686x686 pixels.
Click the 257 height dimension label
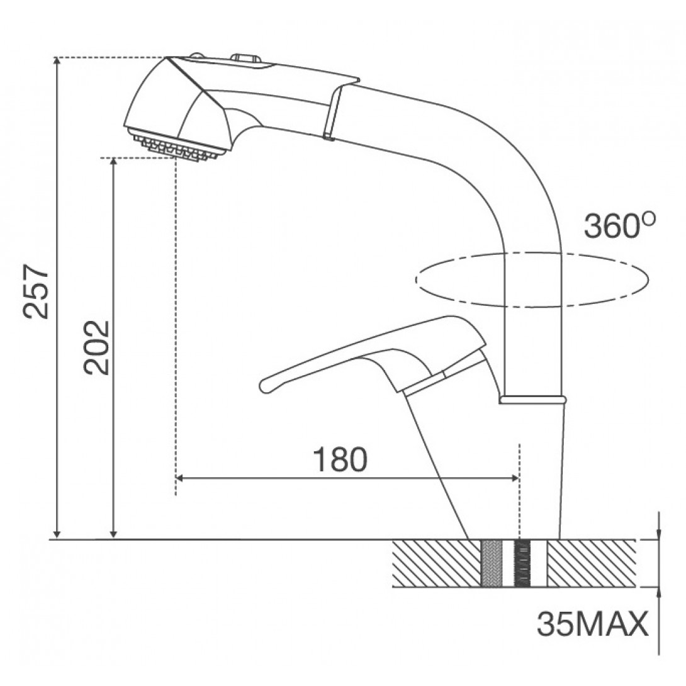pos(36,291)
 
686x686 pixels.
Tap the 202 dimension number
pos(96,348)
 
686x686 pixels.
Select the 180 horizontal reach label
pos(340,459)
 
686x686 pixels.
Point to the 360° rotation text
pos(619,225)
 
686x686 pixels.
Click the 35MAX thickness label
pos(592,624)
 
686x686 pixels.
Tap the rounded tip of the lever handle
pos(265,385)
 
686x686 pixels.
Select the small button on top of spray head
pos(245,58)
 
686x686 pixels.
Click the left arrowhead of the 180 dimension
pos(180,478)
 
